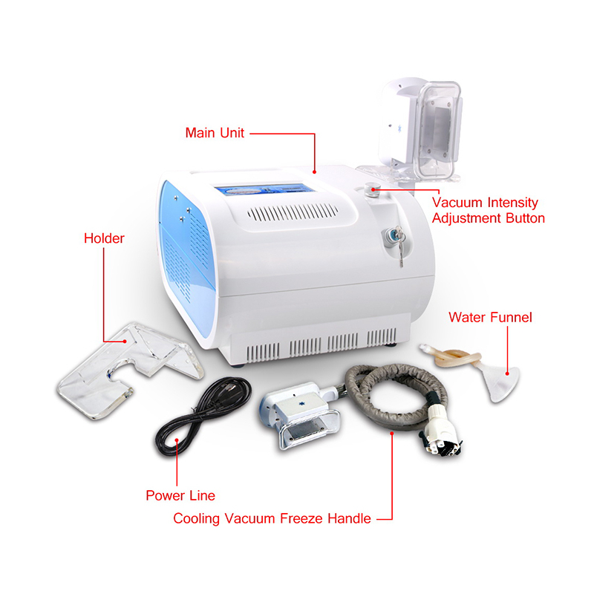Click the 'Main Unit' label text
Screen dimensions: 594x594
click(x=215, y=133)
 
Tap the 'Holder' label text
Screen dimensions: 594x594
click(x=104, y=238)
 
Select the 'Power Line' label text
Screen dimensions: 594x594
click(x=180, y=495)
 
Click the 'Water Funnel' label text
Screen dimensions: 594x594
click(x=490, y=317)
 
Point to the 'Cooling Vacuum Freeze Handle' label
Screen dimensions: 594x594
click(x=272, y=518)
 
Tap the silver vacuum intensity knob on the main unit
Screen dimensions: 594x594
click(x=371, y=189)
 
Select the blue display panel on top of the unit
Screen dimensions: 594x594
click(x=265, y=189)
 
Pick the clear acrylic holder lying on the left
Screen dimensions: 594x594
click(x=128, y=369)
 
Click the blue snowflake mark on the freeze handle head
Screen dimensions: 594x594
click(x=302, y=405)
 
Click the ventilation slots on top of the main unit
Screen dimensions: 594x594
click(x=293, y=212)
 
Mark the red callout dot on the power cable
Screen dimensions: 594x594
click(x=177, y=440)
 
